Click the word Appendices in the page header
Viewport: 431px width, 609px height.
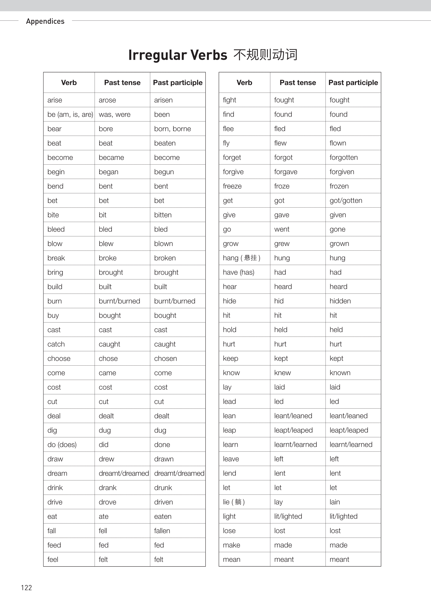point(45,21)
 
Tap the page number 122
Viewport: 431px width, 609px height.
point(27,587)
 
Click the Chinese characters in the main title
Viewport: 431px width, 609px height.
point(265,55)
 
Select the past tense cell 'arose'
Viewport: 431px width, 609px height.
point(107,100)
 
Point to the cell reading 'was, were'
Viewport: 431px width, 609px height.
point(114,114)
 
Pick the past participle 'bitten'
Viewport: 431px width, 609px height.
point(163,215)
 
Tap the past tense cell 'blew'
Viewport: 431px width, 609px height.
point(106,243)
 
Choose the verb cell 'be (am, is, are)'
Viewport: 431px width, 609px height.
point(70,114)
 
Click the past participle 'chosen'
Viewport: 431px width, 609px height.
point(165,358)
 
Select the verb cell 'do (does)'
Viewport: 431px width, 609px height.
point(62,445)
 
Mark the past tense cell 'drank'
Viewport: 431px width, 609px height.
point(107,487)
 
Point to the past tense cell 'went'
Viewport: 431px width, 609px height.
point(282,229)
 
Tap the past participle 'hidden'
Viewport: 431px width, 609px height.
point(340,301)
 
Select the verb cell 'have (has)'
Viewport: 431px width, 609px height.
point(238,272)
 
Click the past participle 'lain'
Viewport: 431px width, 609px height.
point(335,502)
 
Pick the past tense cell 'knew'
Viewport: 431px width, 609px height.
point(282,373)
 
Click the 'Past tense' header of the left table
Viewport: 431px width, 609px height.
point(122,82)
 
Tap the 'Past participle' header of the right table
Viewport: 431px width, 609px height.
point(353,82)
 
